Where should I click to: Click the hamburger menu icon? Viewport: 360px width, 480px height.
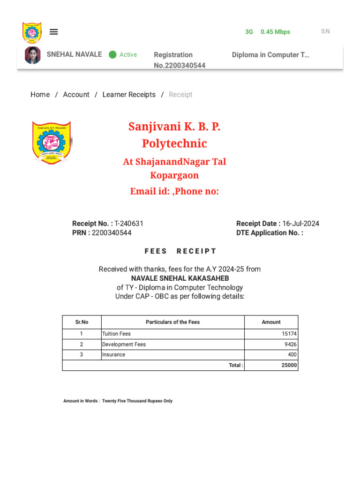click(54, 32)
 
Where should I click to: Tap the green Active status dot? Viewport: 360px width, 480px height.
click(112, 55)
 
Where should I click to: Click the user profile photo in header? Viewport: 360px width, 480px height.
click(33, 55)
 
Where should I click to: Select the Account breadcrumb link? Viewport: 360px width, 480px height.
click(76, 95)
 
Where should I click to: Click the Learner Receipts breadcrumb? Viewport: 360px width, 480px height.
click(129, 95)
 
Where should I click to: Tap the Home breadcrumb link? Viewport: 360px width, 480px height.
click(40, 95)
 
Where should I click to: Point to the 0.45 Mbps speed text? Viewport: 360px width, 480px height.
click(275, 32)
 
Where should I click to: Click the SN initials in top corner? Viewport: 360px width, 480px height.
click(325, 31)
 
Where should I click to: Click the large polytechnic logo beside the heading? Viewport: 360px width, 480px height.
click(52, 142)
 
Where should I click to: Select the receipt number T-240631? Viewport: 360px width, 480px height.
click(129, 224)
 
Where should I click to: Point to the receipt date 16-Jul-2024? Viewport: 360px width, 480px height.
click(300, 224)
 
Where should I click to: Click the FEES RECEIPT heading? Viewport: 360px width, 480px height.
click(180, 251)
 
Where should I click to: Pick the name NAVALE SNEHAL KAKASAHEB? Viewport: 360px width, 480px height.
click(180, 278)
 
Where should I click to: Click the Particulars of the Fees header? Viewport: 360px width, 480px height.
click(172, 322)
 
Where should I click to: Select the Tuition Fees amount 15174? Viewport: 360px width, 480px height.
click(289, 334)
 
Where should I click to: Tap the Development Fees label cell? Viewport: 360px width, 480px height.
click(124, 345)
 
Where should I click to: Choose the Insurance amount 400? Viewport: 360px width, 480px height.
click(292, 355)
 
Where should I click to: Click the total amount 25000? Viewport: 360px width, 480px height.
click(289, 365)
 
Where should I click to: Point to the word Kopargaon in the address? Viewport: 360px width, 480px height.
click(174, 175)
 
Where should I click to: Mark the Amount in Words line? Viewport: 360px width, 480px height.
click(118, 401)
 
